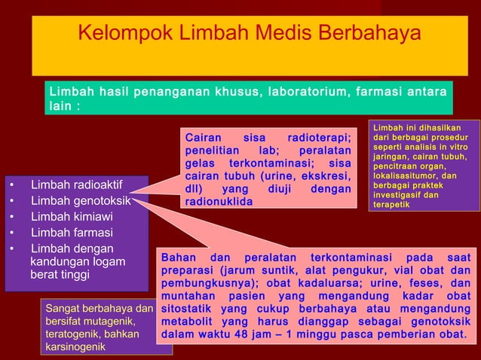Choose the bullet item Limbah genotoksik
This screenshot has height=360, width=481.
pos(81,201)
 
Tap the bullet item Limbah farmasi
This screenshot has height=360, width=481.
pos(72,233)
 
